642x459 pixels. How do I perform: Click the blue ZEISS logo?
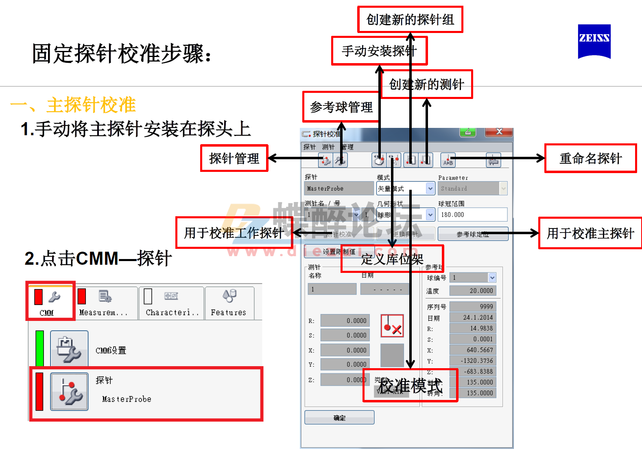tap(594, 41)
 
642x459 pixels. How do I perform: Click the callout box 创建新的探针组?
tap(410, 20)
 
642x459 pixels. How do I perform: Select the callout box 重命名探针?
tap(590, 158)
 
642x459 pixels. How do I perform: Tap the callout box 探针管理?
tap(234, 158)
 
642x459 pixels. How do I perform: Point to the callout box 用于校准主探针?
tap(590, 233)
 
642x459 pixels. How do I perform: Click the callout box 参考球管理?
tap(341, 107)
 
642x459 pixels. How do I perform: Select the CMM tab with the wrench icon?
tap(50, 301)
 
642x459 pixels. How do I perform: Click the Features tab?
tap(229, 303)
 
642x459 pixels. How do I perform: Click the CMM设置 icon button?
tap(69, 349)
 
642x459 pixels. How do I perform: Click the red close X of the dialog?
tap(499, 132)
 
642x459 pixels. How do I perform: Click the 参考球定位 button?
tap(473, 234)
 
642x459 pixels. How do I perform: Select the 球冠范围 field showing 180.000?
tap(473, 215)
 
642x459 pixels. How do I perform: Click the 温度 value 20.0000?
tap(473, 291)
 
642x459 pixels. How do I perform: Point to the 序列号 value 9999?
tap(473, 307)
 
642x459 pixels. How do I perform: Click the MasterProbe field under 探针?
tap(338, 189)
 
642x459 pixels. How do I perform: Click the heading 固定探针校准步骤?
tap(122, 54)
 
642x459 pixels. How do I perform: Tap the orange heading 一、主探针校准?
tap(73, 105)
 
